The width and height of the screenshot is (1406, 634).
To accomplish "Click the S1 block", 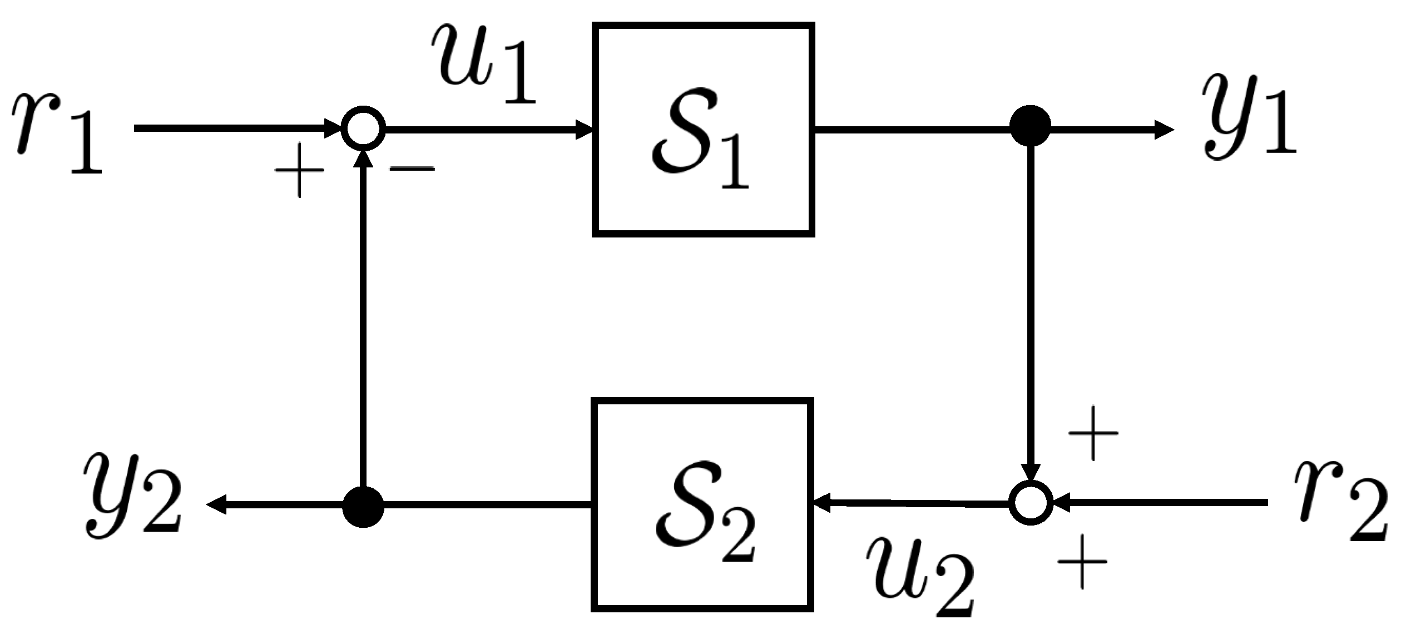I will click(704, 130).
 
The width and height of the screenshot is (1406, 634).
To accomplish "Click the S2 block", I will click(702, 504).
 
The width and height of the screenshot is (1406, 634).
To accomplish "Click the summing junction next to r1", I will click(363, 129).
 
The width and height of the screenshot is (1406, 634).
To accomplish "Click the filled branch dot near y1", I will click(1031, 126).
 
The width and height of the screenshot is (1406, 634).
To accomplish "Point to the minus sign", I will click(412, 168).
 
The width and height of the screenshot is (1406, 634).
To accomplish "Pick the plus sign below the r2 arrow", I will click(1082, 562).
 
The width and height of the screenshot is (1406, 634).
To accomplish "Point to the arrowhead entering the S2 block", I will click(823, 504).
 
